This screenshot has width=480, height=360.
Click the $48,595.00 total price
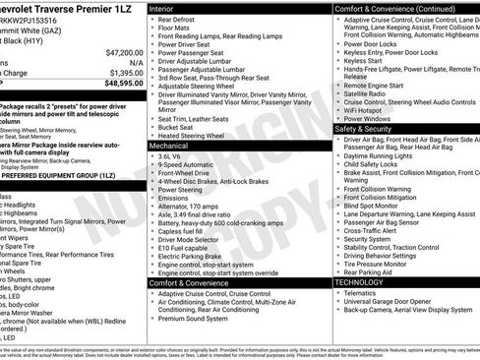(x=124, y=85)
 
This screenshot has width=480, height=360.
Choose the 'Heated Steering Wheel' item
(x=195, y=135)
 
